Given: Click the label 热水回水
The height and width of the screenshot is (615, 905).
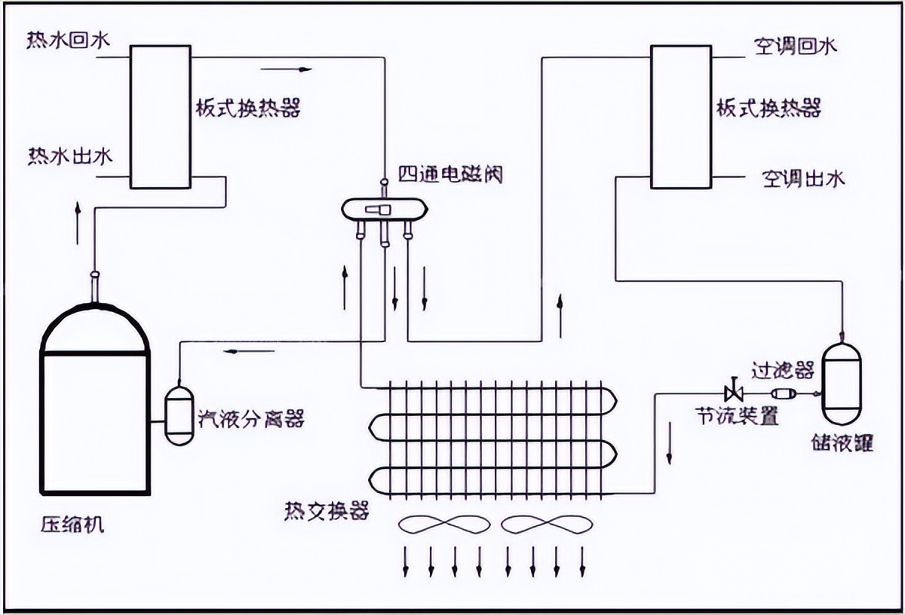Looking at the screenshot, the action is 69,41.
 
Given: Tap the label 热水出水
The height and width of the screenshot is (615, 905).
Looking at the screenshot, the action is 70,156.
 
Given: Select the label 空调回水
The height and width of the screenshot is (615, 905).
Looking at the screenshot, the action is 796,47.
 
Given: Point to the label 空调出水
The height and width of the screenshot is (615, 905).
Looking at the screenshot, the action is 804,178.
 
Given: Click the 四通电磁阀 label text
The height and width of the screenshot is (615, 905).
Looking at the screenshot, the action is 450,174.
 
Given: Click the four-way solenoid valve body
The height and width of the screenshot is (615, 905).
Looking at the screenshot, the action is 384,210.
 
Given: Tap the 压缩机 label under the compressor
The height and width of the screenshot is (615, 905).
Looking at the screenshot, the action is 72,525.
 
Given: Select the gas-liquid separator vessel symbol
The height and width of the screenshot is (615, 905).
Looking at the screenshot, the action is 179,416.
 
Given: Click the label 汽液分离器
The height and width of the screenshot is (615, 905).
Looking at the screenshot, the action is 251,419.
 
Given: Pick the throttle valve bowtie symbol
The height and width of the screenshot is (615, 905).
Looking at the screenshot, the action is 734,393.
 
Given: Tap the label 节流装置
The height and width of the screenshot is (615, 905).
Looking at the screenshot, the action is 737,415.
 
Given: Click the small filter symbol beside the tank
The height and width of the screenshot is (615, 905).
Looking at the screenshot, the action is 784,393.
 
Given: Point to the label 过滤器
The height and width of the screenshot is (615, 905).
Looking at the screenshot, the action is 783,369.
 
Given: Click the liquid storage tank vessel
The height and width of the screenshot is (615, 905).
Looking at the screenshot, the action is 842,384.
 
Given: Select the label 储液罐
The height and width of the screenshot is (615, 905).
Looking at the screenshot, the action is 842,443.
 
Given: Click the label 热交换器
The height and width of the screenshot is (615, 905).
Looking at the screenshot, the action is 327,511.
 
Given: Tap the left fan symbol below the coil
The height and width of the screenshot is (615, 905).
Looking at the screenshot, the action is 444,525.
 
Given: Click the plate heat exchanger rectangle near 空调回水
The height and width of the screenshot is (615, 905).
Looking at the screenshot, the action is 681,117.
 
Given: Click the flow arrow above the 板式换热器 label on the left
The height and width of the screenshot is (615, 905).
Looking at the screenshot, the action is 286,69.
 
